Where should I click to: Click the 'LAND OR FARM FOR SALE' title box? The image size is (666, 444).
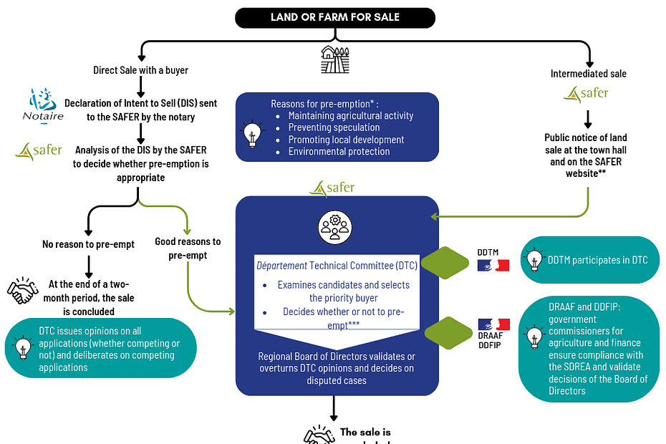click(x=335, y=18)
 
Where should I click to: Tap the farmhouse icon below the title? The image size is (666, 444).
click(x=334, y=59)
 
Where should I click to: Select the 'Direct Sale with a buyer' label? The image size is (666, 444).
click(x=140, y=70)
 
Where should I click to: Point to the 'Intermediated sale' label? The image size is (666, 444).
click(x=588, y=73)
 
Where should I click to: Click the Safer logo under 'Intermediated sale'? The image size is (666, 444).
click(x=587, y=94)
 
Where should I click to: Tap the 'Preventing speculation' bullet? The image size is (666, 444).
click(x=334, y=127)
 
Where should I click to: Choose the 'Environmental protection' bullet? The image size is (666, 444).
click(x=339, y=152)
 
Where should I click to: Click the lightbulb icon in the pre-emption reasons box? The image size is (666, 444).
click(x=251, y=134)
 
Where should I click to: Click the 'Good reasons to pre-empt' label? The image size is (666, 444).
click(x=188, y=248)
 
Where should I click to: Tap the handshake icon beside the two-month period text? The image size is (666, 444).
click(x=23, y=290)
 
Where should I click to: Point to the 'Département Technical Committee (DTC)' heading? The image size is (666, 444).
click(x=335, y=266)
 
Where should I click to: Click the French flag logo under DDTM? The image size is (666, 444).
click(x=493, y=265)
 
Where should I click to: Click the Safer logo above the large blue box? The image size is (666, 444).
click(x=332, y=188)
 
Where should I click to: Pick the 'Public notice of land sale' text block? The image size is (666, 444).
click(x=586, y=155)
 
